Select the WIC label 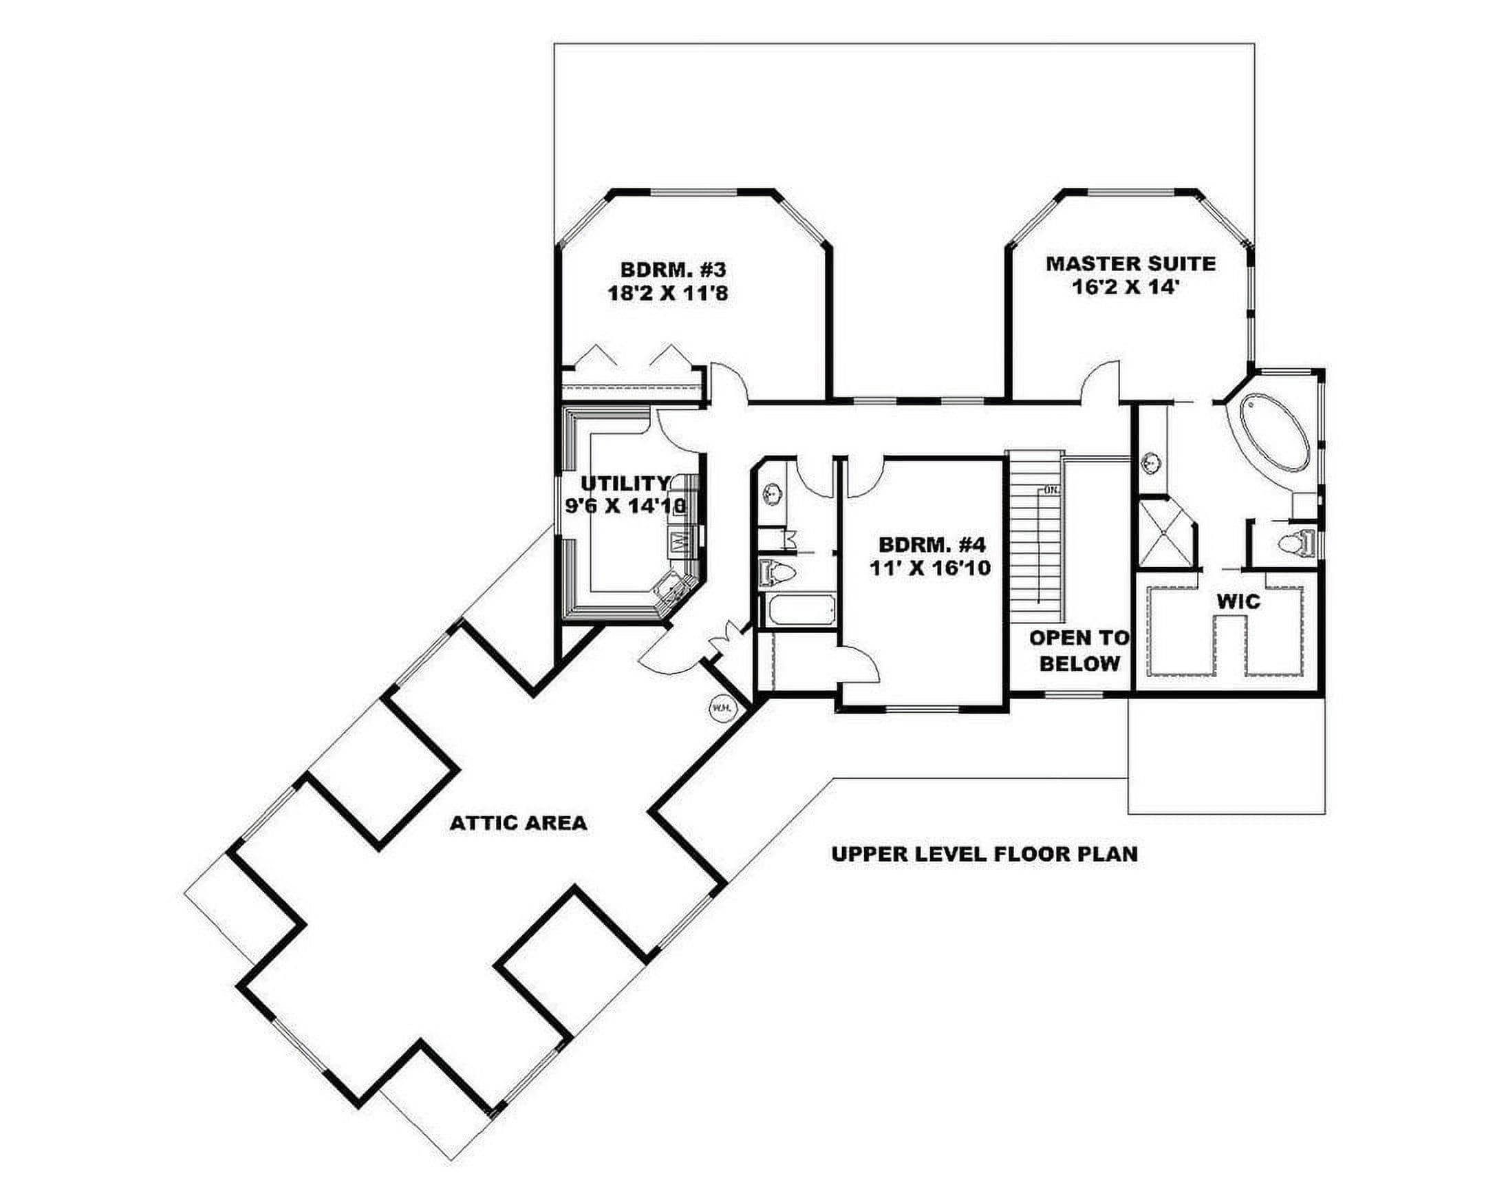pos(1238,602)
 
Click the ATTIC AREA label pos(518,822)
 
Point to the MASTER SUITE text pos(1131,264)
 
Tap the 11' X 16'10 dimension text pos(931,568)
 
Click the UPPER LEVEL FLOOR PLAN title pos(985,854)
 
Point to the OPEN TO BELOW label pos(1079,651)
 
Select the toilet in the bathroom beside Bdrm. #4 pos(778,571)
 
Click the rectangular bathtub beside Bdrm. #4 pos(798,610)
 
